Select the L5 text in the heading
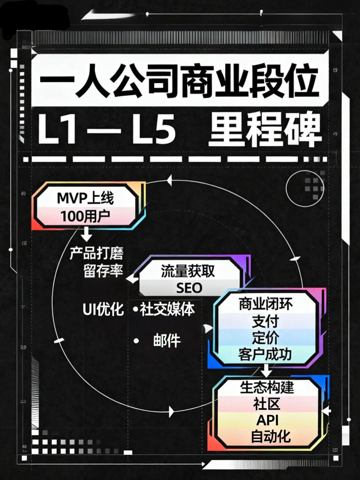coord(154,129)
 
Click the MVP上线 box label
coord(85,198)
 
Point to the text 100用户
coord(85,216)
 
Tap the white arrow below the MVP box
coord(86,234)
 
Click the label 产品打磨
coord(97,253)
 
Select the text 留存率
coord(103,271)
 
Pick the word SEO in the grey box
coord(189,288)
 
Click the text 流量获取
coord(188,271)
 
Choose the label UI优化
coord(103,309)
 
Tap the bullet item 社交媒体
coord(167,309)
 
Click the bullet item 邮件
coord(167,341)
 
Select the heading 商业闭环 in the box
coord(266,304)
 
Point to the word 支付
coord(265,321)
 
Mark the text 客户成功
coord(265,354)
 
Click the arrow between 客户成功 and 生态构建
coord(266,370)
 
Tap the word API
coord(267,420)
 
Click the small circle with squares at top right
coord(305,188)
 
